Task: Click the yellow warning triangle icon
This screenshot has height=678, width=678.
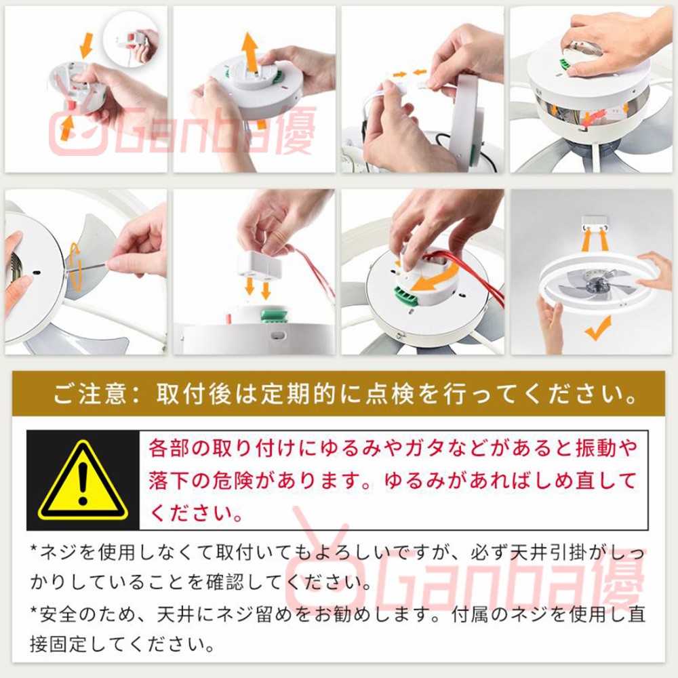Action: tap(83, 481)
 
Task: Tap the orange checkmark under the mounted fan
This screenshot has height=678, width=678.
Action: tap(598, 328)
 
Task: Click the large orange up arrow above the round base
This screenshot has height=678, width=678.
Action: tap(250, 52)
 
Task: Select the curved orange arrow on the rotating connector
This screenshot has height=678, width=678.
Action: tap(435, 277)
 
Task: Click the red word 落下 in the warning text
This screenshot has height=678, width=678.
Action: tap(169, 481)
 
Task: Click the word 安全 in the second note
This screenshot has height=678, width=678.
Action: tap(59, 614)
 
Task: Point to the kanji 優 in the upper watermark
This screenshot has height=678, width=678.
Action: tap(296, 131)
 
